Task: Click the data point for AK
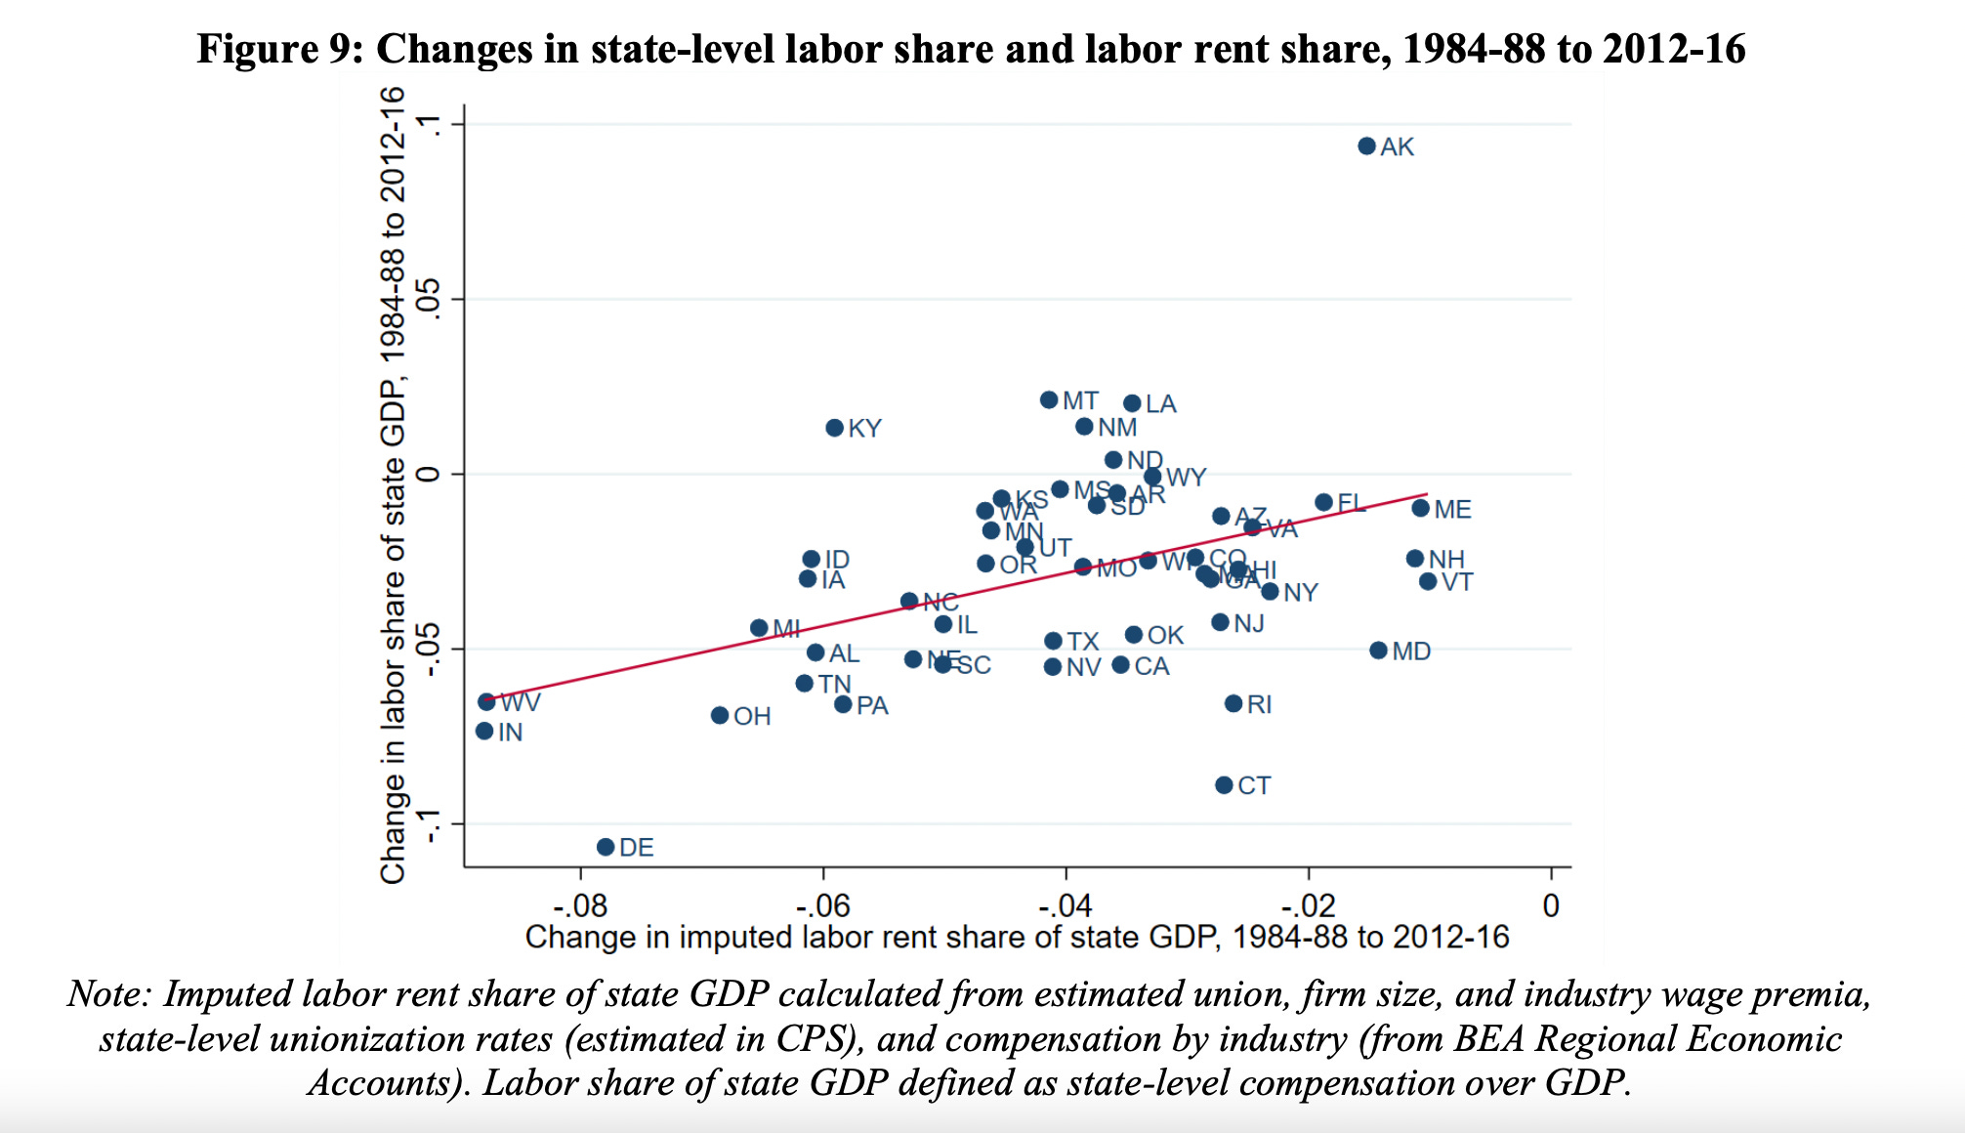[1366, 147]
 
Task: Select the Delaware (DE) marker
[606, 847]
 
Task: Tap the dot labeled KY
[834, 428]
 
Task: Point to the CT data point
[1224, 785]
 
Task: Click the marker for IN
[484, 731]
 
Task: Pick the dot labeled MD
[1378, 650]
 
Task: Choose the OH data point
[720, 716]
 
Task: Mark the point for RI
[1233, 703]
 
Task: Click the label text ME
[1452, 509]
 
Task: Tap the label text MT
[1080, 400]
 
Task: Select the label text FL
[1351, 503]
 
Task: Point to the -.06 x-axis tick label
[822, 905]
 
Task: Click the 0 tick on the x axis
[1551, 905]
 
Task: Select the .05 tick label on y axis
[428, 300]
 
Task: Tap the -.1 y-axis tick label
[428, 825]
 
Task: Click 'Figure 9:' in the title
[279, 49]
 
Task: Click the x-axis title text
[1017, 938]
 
